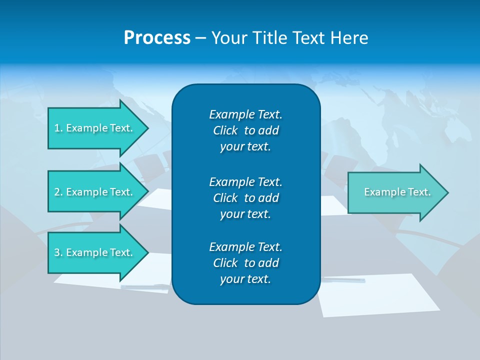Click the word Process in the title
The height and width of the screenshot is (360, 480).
[x=157, y=38]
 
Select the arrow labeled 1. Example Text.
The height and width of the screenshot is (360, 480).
[x=95, y=128]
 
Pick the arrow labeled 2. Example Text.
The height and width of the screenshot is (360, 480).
[x=95, y=192]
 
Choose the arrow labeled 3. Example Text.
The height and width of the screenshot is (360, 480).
[x=95, y=252]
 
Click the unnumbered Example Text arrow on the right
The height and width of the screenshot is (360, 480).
[x=395, y=192]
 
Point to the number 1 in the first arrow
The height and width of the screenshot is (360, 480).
[x=56, y=128]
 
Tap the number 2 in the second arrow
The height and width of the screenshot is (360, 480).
[x=57, y=192]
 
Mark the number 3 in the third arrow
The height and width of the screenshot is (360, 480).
[x=57, y=252]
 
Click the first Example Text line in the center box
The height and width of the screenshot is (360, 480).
[x=245, y=114]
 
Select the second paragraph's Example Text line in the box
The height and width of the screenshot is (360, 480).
[x=245, y=181]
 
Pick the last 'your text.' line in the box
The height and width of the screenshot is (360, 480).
[x=245, y=279]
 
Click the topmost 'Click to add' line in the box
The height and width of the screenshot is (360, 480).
[x=245, y=130]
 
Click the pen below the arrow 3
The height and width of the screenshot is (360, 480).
[x=145, y=286]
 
